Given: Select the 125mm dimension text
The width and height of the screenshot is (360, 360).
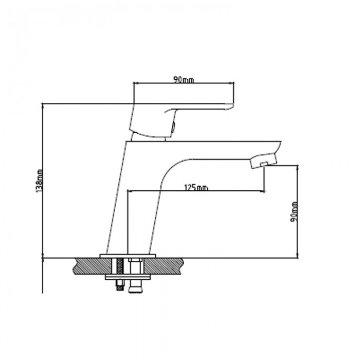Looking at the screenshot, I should pos(195,188).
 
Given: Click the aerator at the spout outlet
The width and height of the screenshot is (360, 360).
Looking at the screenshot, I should pos(262,164).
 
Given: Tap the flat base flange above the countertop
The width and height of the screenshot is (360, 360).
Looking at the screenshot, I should pos(127,255).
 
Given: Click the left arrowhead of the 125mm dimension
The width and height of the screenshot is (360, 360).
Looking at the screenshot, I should pos(129,191).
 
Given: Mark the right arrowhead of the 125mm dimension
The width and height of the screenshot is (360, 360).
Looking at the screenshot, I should pos(263,191).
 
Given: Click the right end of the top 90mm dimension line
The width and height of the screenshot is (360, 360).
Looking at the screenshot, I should pos(235,82).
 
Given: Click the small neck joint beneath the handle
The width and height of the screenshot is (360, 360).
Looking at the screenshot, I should pos(150,136).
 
